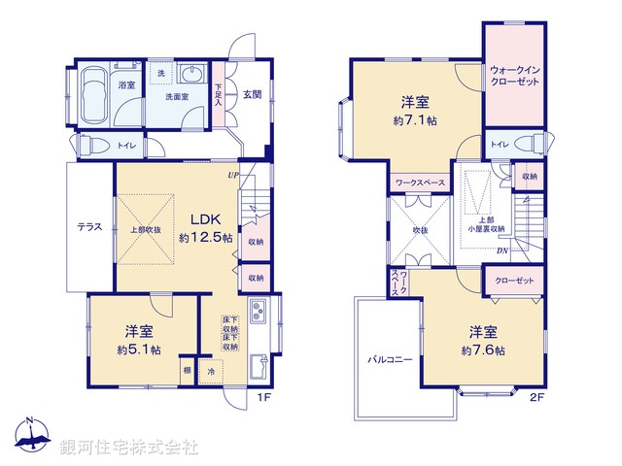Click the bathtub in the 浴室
click(94, 96)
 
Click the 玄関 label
click(252, 94)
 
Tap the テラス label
click(91, 227)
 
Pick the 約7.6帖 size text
click(483, 349)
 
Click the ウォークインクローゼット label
click(515, 76)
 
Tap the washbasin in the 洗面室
click(190, 76)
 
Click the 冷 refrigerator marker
click(211, 372)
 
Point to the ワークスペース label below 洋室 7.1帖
click(420, 182)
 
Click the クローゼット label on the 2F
click(514, 281)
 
